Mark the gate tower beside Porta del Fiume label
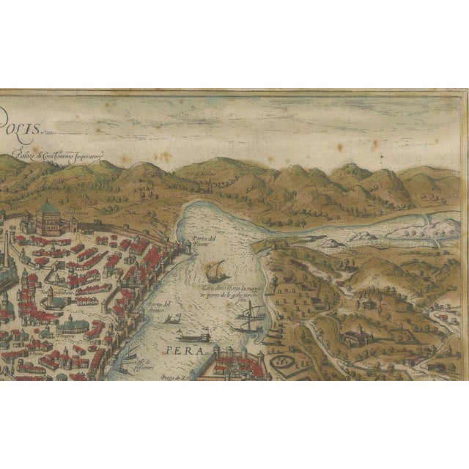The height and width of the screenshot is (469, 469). [186, 249]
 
